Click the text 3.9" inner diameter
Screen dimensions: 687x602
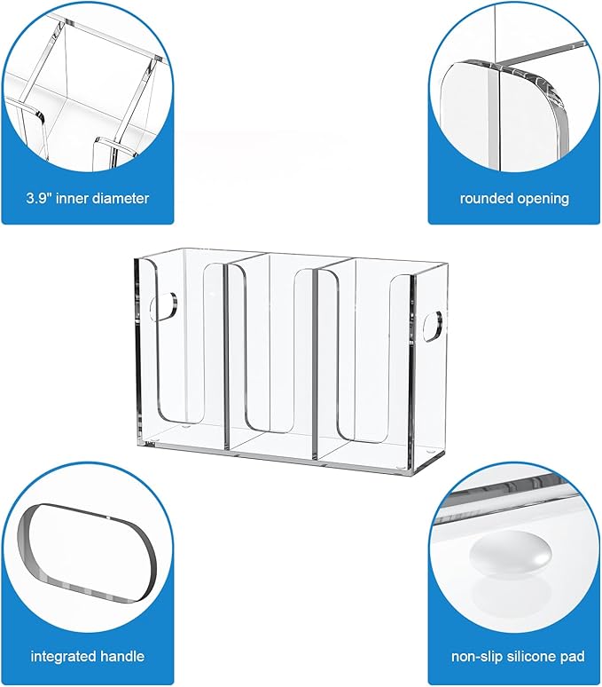[x=87, y=198]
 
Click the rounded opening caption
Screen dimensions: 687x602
[x=514, y=198]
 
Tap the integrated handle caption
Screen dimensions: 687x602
[x=87, y=657]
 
